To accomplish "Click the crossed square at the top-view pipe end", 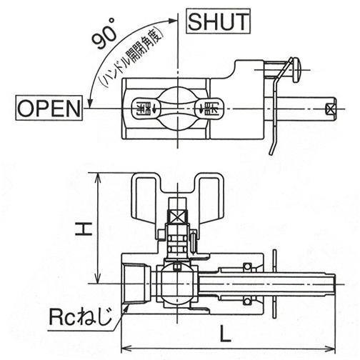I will pos(330,109).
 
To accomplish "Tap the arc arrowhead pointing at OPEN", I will pos(90,104).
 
